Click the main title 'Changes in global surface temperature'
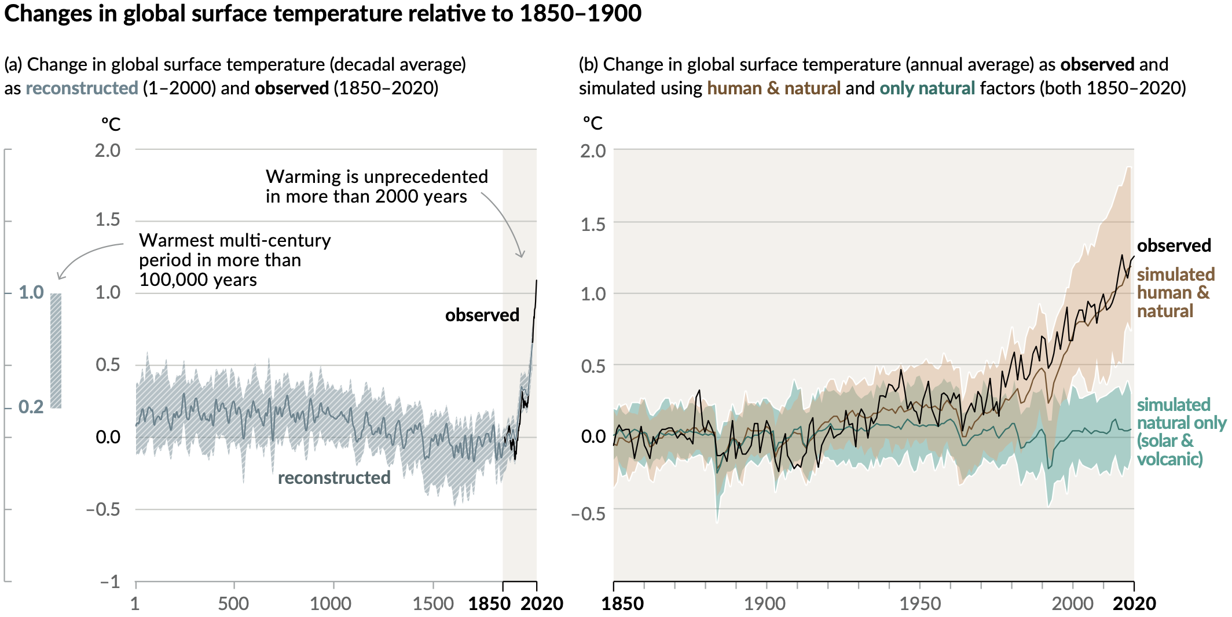(x=322, y=14)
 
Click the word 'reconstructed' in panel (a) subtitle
(x=82, y=88)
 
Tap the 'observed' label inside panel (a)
(x=482, y=315)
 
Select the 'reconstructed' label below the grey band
(x=334, y=478)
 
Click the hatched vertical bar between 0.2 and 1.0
(x=56, y=350)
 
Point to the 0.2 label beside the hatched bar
(x=31, y=407)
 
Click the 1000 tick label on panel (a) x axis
(x=330, y=604)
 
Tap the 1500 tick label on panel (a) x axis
(x=432, y=604)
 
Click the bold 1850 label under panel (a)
(x=489, y=604)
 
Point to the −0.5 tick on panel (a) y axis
(x=103, y=509)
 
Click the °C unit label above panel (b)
(x=592, y=123)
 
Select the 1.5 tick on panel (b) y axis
(x=593, y=224)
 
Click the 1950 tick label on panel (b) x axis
(x=919, y=604)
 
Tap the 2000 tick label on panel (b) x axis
(x=1072, y=604)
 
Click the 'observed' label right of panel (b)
(x=1174, y=245)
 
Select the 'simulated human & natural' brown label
(x=1175, y=292)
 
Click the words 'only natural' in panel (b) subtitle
(x=927, y=88)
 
